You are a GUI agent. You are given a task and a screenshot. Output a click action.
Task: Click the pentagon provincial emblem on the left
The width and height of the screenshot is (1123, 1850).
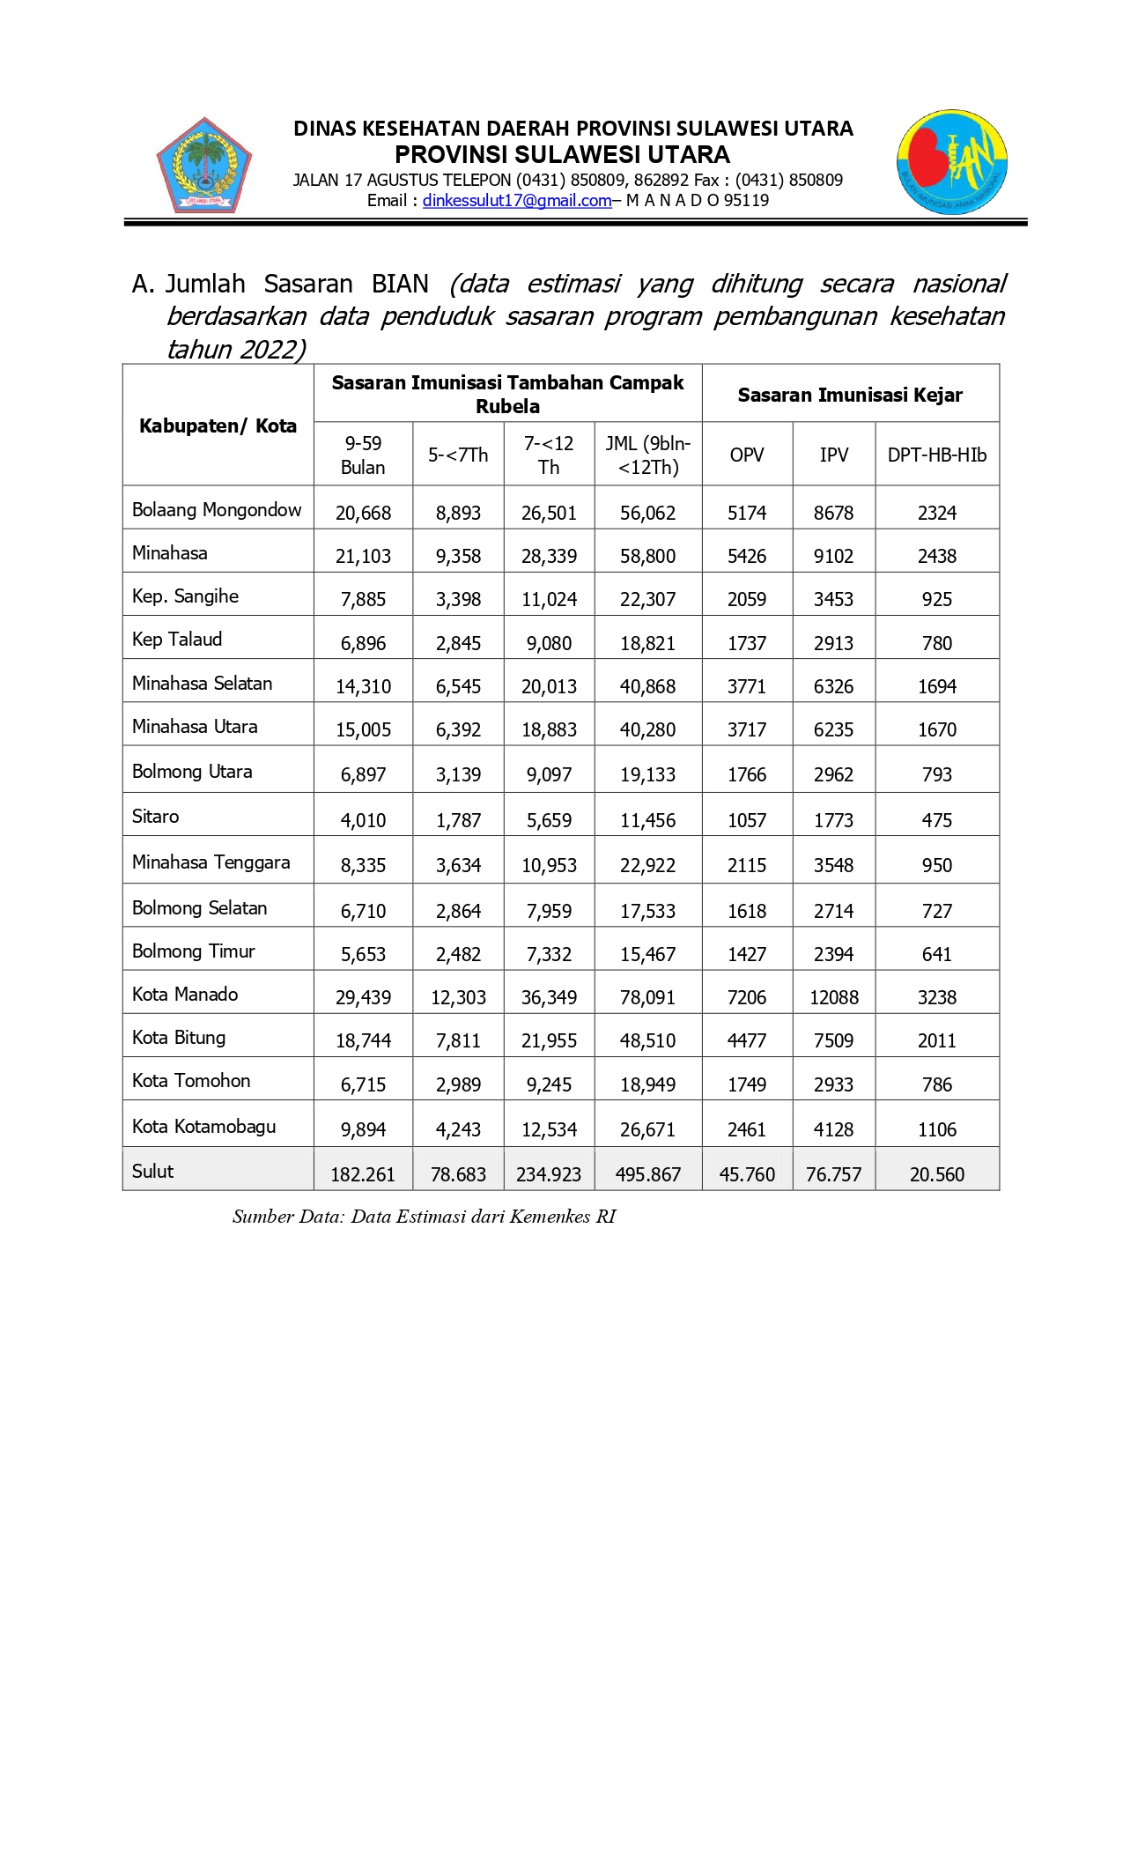[x=204, y=166]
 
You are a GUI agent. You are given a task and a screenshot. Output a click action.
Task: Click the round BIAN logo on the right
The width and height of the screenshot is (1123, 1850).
[x=951, y=162]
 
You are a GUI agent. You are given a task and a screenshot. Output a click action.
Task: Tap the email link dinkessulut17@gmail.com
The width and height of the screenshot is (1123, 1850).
[x=516, y=201]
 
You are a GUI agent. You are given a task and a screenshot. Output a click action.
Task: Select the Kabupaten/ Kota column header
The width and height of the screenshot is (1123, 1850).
[x=218, y=426]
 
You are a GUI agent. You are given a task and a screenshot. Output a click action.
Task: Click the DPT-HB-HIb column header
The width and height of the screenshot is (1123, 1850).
[x=936, y=455]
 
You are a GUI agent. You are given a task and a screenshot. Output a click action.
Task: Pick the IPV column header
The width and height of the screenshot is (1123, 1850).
[x=833, y=455]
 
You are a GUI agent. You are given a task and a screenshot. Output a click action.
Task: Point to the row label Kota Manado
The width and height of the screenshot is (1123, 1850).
[x=185, y=995]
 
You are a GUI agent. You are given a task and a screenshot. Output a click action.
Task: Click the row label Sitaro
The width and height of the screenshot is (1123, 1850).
[x=155, y=817]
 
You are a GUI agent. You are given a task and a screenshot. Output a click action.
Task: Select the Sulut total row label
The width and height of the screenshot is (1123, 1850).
[x=152, y=1172]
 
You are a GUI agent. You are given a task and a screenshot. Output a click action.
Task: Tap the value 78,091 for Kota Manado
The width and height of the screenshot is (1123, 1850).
[x=647, y=998]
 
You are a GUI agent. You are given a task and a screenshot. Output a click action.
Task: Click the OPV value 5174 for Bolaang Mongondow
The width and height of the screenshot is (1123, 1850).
[x=747, y=514]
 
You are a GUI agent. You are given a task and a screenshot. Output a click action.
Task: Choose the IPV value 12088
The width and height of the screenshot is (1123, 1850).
[x=833, y=998]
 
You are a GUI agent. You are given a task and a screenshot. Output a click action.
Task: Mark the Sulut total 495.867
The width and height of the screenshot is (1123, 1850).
[x=647, y=1175]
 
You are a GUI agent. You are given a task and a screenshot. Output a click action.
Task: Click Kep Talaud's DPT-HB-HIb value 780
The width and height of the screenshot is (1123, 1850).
[x=936, y=644]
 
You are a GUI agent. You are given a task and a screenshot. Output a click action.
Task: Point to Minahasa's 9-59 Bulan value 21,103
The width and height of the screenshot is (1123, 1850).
[x=363, y=557]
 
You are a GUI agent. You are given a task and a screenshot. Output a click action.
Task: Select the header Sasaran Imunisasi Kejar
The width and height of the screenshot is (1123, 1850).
[x=850, y=396]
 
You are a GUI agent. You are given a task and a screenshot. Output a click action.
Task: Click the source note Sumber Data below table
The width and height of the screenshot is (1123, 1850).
[x=424, y=1217]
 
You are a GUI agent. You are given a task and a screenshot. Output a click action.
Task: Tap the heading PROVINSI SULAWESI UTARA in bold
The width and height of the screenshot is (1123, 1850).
[x=562, y=155]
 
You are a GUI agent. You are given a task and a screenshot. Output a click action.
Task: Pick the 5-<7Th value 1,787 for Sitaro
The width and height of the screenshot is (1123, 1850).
[x=458, y=821]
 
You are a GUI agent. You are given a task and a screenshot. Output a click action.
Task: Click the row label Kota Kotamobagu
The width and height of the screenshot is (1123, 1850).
[x=203, y=1127]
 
